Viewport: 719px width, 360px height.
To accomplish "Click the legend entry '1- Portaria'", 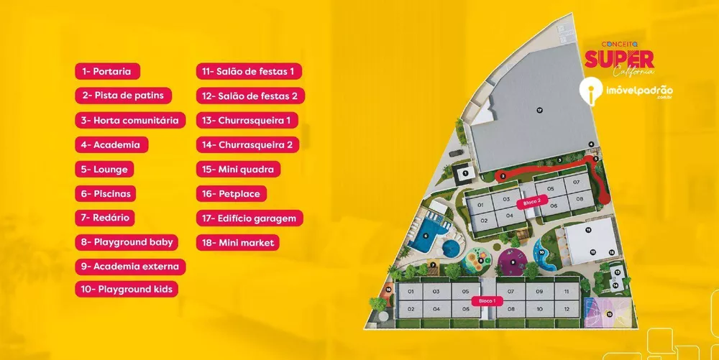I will [107, 71].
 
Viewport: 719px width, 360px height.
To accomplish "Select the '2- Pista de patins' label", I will [123, 96].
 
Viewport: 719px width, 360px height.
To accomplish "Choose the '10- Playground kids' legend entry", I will [127, 290].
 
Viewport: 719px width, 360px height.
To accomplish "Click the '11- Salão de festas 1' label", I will [249, 71].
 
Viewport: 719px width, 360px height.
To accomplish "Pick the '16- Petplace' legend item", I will [232, 193].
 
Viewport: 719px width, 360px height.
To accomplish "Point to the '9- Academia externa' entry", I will [130, 266].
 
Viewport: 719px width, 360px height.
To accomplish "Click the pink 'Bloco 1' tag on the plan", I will [487, 300].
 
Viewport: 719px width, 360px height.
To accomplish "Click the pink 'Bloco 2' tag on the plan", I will [532, 203].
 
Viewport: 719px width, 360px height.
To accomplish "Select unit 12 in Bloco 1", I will [567, 308].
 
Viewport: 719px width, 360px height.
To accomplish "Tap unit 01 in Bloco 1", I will [411, 292].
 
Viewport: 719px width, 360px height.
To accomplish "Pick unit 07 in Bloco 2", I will [576, 183].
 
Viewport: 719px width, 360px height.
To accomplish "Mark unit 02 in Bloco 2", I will [484, 220].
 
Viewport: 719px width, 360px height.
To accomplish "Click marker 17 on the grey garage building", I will [539, 110].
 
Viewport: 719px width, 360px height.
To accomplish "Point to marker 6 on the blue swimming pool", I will [425, 234].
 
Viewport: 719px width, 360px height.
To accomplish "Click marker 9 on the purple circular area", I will [513, 262].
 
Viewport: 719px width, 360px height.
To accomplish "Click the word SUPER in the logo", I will [618, 58].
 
